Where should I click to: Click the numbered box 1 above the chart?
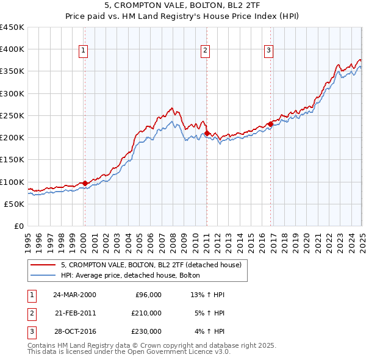(x=83, y=51)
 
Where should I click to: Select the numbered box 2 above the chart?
(x=206, y=51)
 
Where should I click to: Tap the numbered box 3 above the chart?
(x=269, y=51)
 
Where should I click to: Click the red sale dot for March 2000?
(x=85, y=183)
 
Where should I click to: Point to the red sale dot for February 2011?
(x=207, y=133)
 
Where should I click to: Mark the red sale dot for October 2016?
(x=270, y=124)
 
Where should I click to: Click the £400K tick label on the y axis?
(x=12, y=49)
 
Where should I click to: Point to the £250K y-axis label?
(x=12, y=115)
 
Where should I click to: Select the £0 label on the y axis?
(x=19, y=226)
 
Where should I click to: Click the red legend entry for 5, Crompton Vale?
(x=151, y=265)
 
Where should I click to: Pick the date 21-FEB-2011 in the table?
(x=75, y=313)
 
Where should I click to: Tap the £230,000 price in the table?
(x=148, y=331)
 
